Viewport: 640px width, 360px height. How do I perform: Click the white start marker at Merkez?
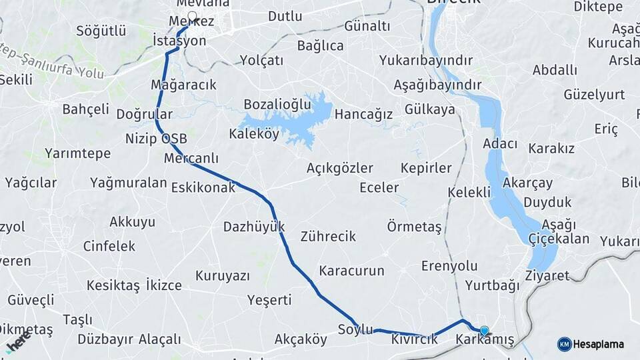tap(192, 17)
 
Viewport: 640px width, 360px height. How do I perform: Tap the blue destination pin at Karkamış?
tap(484, 330)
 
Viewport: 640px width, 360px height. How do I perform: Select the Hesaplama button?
tap(591, 344)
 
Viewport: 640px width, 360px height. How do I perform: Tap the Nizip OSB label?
tap(156, 139)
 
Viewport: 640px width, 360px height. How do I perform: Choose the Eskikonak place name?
tap(203, 187)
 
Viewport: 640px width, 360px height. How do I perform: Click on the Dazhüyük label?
tap(254, 226)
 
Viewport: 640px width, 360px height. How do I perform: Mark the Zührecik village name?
tap(328, 236)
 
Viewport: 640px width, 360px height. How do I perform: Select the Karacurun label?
tap(352, 271)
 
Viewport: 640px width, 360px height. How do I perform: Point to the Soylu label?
tap(355, 329)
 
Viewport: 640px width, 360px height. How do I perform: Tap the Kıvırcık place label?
tap(415, 339)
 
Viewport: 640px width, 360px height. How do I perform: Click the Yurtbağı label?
tap(492, 286)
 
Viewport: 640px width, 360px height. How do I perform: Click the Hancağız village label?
tap(363, 114)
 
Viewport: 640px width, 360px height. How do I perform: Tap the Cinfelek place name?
tap(109, 246)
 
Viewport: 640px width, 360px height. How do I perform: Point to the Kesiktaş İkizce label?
tap(134, 285)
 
